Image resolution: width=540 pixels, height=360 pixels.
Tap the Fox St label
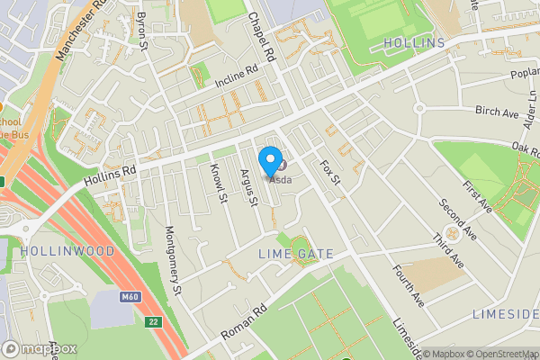pyautogui.click(x=330, y=174)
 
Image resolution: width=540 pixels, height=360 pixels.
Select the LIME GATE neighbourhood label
pyautogui.click(x=296, y=255)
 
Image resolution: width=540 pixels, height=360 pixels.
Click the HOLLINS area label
pyautogui.click(x=414, y=43)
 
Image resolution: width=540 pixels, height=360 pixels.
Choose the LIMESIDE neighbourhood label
pyautogui.click(x=505, y=314)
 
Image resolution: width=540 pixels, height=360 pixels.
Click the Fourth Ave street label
pyautogui.click(x=407, y=285)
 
